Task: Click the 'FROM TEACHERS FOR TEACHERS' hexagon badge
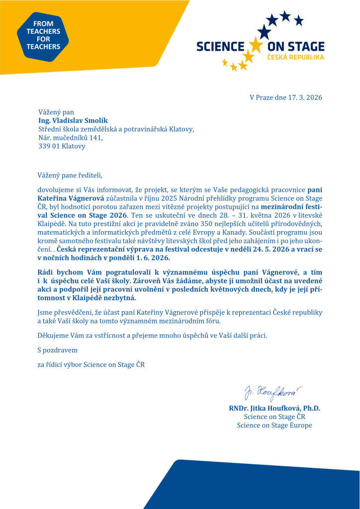[x=43, y=35]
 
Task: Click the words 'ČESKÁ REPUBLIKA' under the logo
[x=296, y=58]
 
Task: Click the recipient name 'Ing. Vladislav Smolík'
[x=73, y=121]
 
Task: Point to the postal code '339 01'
[x=48, y=146]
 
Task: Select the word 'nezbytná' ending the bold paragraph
[x=120, y=298]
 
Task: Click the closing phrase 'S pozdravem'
[x=57, y=350]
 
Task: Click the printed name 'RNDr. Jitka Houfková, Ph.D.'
[x=274, y=408]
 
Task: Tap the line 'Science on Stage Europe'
[x=274, y=425]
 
